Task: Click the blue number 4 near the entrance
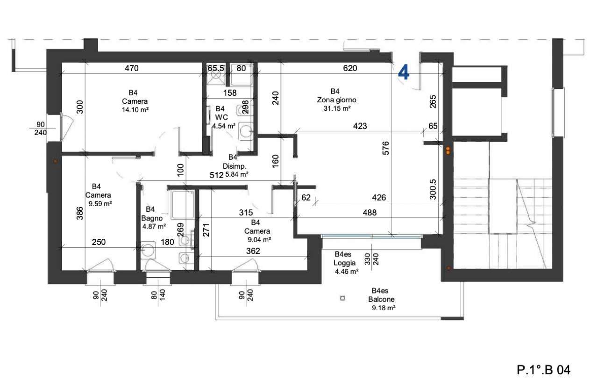point(403,72)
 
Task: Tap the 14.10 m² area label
point(135,110)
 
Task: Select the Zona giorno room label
point(336,100)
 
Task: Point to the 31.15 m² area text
point(337,108)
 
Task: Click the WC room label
point(221,117)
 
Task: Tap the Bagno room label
point(152,218)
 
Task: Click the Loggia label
point(344,263)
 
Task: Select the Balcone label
point(381,299)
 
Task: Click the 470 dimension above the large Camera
point(132,68)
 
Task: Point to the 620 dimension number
point(350,68)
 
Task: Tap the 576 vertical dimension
point(386,148)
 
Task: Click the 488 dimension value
point(370,213)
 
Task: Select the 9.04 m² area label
point(259,240)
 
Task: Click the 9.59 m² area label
point(100,204)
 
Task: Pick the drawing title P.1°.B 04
point(543,370)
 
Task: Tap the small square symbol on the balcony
point(342,298)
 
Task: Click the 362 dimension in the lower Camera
point(253,251)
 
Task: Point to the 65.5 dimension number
point(216,68)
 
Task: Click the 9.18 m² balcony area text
point(384,308)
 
